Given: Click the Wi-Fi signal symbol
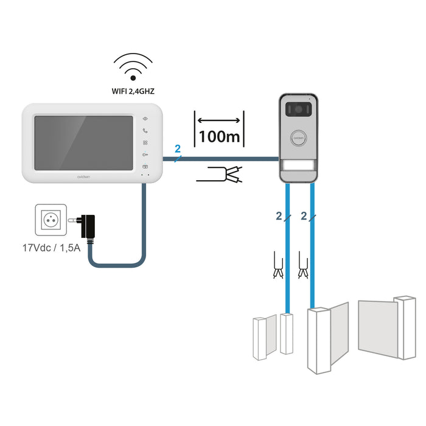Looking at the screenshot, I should click(x=133, y=68).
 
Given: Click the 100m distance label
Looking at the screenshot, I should click(x=219, y=136).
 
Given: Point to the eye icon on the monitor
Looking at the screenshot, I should click(x=145, y=119).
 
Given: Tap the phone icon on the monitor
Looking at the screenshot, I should click(x=145, y=131).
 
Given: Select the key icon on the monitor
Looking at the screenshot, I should click(x=145, y=155).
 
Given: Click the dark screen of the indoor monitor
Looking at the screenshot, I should click(x=83, y=143).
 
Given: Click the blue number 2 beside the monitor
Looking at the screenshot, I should click(x=177, y=148).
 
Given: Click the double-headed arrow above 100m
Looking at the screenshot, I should click(x=219, y=119).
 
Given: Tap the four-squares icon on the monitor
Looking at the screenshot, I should click(x=145, y=143).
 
